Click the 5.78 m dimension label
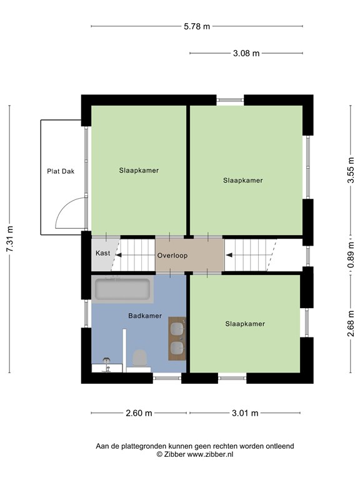click(x=197, y=27)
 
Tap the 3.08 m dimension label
click(x=246, y=53)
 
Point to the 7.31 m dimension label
click(x=10, y=239)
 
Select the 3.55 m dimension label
click(x=351, y=170)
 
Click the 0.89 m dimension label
click(x=351, y=255)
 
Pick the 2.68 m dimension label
click(x=351, y=323)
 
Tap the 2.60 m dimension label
click(x=139, y=413)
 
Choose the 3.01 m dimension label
click(x=245, y=413)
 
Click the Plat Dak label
click(x=61, y=171)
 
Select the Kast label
click(x=103, y=253)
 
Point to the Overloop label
click(x=172, y=256)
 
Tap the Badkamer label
click(x=145, y=316)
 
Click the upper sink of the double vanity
click(x=177, y=329)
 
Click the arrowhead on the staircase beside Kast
click(x=119, y=255)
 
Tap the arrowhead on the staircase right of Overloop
click(x=229, y=255)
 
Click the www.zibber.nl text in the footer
click(x=210, y=454)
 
